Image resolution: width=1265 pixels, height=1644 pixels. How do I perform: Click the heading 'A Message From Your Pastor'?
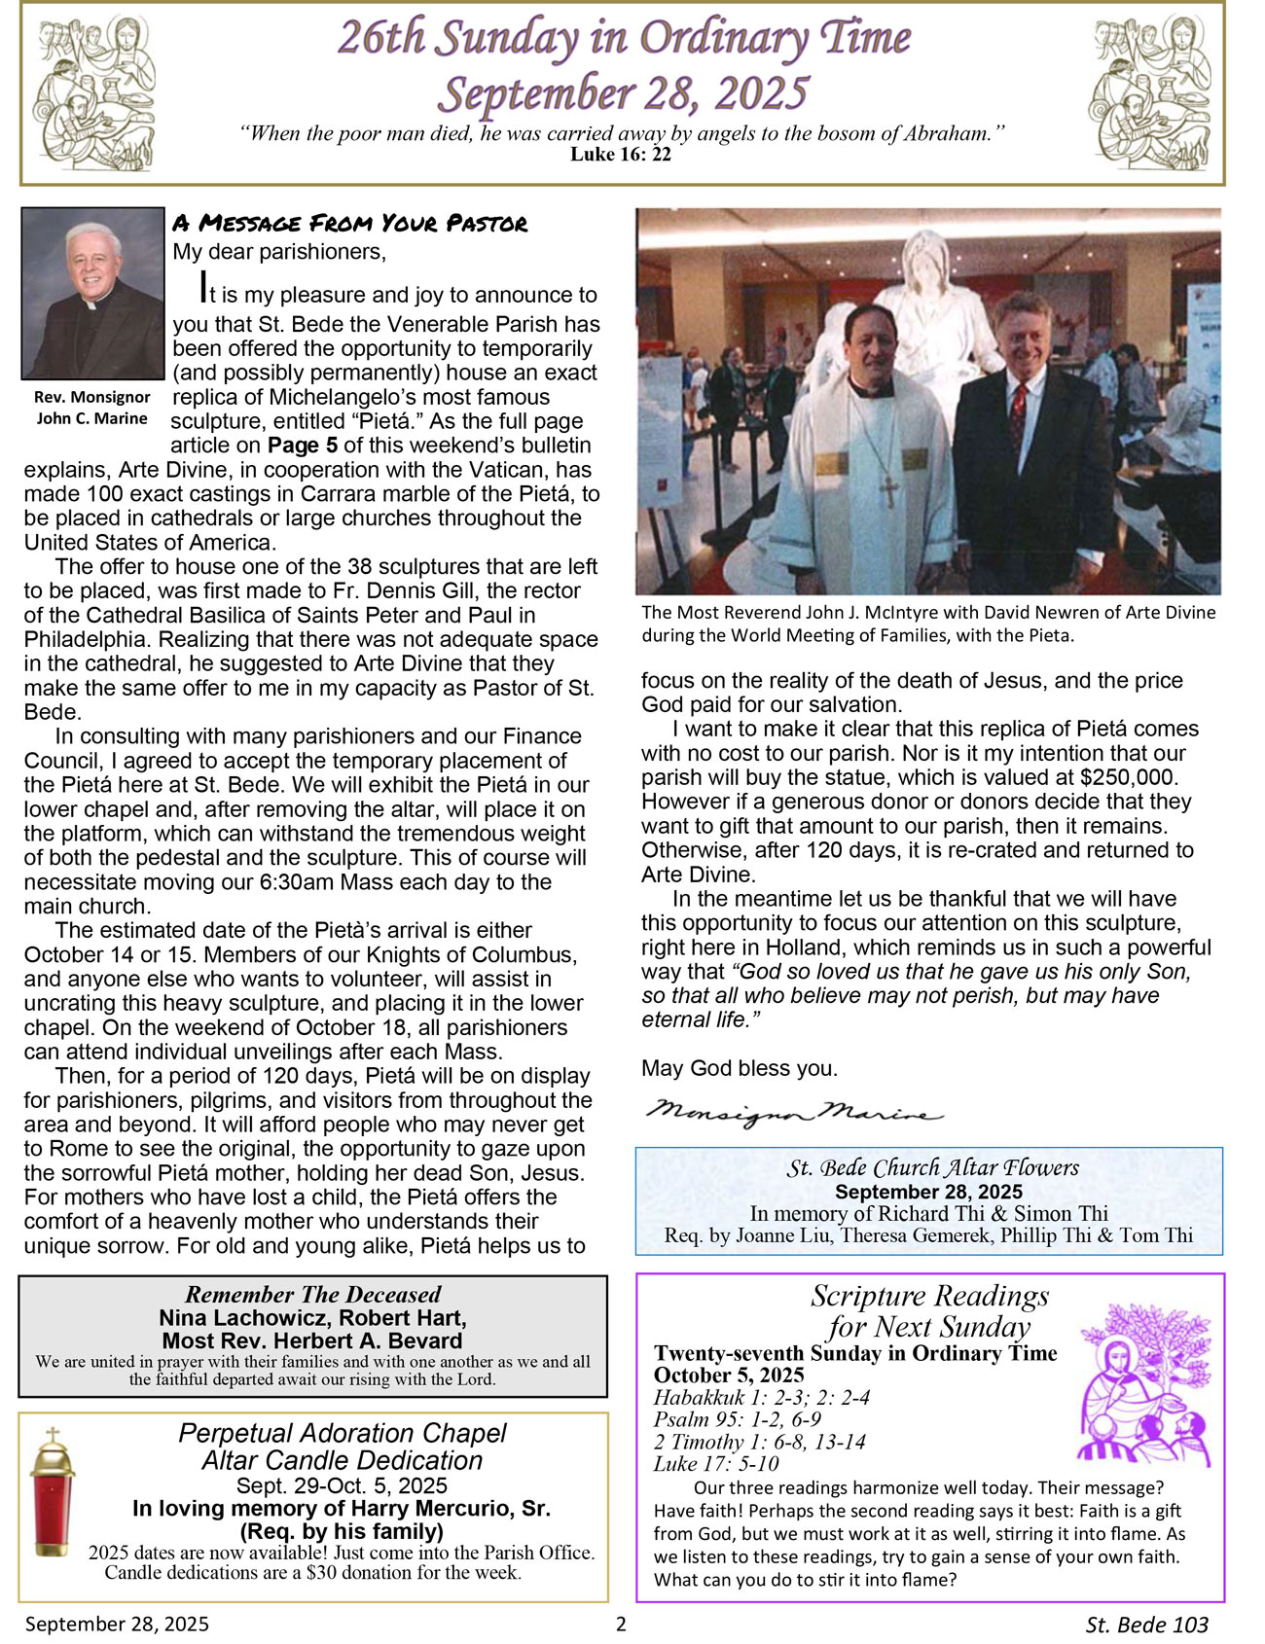(349, 224)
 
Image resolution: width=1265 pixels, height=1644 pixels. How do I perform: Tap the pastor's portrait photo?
(92, 293)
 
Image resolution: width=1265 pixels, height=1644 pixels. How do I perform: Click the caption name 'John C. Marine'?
(92, 418)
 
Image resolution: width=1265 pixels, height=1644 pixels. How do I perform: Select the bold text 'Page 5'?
(302, 446)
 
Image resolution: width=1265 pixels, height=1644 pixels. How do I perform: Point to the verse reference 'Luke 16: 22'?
(621, 155)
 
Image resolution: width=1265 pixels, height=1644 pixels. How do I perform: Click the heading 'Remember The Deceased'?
(312, 1294)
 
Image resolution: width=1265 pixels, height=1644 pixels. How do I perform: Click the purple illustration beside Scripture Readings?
(1144, 1386)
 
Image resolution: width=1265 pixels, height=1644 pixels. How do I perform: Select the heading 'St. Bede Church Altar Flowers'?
(932, 1167)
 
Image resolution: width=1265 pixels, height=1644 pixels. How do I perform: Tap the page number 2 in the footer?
(622, 1624)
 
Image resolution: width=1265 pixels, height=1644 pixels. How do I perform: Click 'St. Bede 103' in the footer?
(1146, 1625)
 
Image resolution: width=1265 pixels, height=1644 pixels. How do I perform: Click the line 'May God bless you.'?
(739, 1068)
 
